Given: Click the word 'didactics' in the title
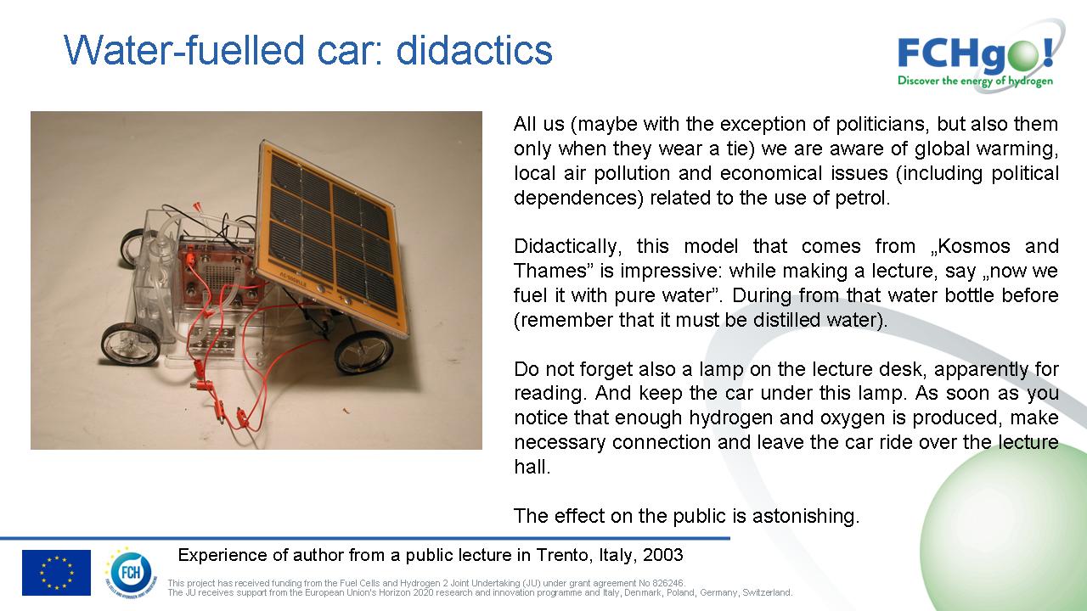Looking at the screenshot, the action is (x=474, y=50).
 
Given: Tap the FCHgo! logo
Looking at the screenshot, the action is (x=976, y=57).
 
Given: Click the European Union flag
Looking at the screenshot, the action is (x=56, y=572).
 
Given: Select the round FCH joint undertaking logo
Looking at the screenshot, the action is (x=130, y=573).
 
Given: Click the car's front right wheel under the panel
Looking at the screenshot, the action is (x=364, y=352).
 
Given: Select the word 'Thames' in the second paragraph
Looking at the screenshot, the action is (x=550, y=271).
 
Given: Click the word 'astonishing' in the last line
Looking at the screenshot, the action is (x=806, y=516).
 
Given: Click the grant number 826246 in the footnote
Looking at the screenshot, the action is (x=667, y=583).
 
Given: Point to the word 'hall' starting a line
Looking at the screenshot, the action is (x=532, y=467).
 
